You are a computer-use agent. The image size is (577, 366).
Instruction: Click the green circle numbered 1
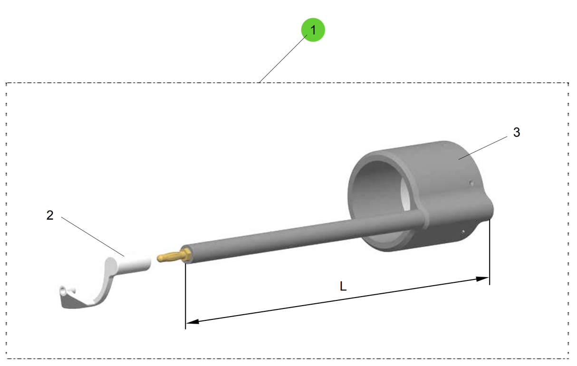click(313, 30)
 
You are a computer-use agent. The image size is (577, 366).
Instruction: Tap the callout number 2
click(50, 215)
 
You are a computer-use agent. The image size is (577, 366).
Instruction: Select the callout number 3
click(517, 133)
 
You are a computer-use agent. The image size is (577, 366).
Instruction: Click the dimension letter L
click(343, 286)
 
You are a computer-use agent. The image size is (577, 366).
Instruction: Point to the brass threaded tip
click(173, 255)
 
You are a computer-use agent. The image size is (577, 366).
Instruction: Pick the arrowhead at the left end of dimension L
click(192, 321)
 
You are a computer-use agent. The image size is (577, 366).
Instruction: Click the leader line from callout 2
click(93, 237)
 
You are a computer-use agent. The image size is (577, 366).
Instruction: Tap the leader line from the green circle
click(283, 59)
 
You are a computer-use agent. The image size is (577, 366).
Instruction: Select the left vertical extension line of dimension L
click(185, 296)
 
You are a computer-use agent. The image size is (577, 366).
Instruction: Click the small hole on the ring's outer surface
click(471, 183)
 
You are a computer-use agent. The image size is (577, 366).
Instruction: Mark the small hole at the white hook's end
click(63, 291)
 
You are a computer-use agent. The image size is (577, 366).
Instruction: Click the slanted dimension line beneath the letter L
click(337, 299)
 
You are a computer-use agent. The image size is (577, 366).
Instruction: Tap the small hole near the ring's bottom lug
click(463, 232)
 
